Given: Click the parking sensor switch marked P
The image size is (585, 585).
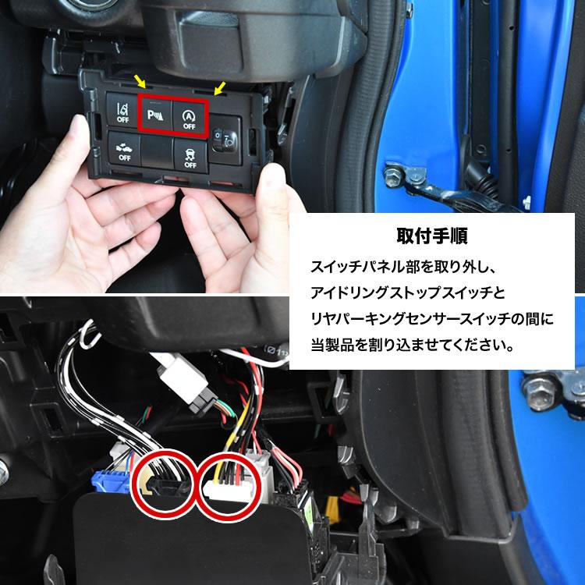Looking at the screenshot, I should coord(154,115).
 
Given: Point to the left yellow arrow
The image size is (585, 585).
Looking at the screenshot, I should coord(140,80).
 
